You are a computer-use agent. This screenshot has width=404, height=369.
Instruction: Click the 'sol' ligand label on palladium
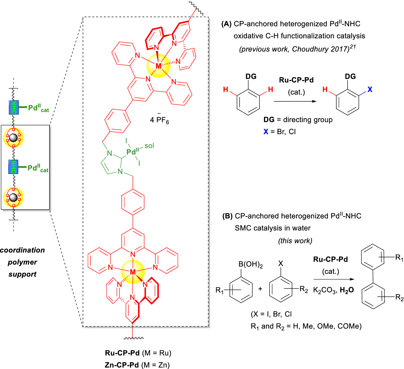coord(149,146)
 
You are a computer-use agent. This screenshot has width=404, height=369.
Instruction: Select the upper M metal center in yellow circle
coord(158,66)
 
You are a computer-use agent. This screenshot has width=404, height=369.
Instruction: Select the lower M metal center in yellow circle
coord(133,272)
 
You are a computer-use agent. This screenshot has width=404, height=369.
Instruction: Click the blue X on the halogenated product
coord(370,89)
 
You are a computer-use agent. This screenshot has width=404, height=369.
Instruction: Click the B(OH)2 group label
coord(250,264)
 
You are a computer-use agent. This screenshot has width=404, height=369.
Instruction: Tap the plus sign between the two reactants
coord(260,289)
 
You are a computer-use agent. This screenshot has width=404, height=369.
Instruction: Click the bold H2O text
coord(347,290)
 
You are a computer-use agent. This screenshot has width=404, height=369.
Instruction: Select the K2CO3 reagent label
coord(325,290)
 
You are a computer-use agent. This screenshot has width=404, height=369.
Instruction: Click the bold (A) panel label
coord(226,24)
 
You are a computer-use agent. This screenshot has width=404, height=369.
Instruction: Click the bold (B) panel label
coord(227,216)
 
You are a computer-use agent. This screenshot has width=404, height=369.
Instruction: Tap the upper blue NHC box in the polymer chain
coord(14,107)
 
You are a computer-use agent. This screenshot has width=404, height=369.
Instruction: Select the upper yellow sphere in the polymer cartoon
coord(13,138)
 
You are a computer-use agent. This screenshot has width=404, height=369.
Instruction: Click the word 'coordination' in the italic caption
coord(22,250)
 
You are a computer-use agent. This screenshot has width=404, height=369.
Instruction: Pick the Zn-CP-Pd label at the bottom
coord(122,365)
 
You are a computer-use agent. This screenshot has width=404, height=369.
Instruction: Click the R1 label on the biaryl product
coord(399,257)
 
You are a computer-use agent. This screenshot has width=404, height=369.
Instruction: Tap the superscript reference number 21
coord(353,47)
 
